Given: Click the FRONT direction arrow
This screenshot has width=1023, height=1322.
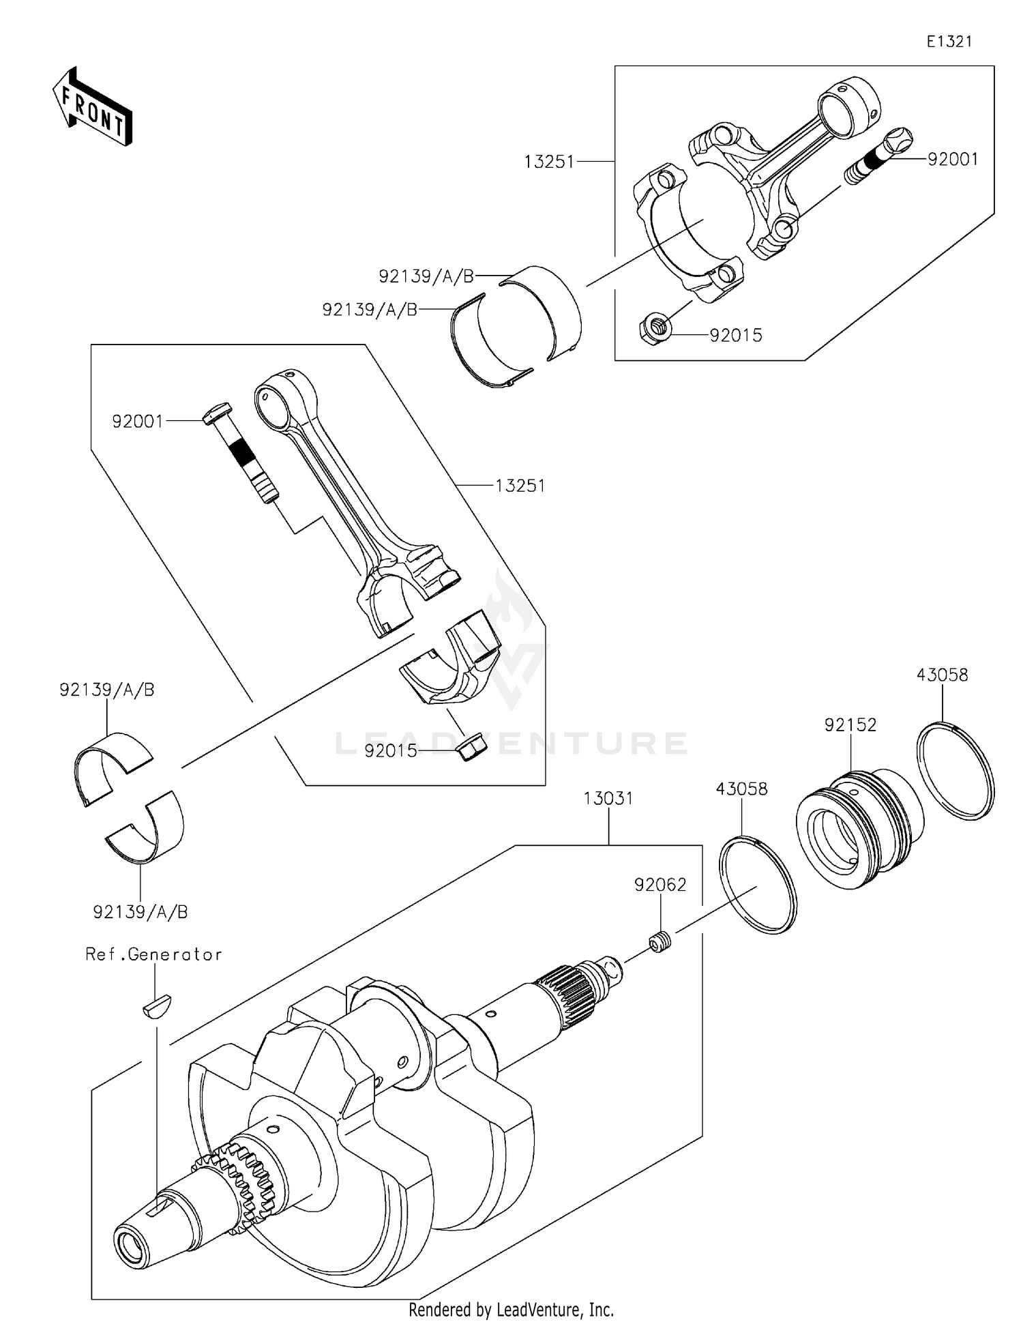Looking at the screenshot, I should (92, 107).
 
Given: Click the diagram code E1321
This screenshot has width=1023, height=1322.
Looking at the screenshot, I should (949, 42).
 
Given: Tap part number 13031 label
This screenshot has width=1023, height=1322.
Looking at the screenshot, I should (608, 798).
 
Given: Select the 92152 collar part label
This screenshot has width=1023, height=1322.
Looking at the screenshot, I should (850, 725).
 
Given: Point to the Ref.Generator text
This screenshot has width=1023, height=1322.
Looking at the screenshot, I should (153, 954).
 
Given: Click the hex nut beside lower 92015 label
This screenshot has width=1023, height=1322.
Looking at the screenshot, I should (468, 748).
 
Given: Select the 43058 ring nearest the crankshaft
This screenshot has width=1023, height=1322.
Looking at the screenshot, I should (758, 885).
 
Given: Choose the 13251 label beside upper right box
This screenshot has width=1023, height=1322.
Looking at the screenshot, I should (549, 162).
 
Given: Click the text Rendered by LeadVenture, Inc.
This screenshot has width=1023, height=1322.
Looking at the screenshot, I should (511, 1309).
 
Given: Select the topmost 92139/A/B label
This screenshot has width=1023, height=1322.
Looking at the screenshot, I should (426, 276).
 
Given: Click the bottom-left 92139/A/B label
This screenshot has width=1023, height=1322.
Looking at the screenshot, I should (140, 911).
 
